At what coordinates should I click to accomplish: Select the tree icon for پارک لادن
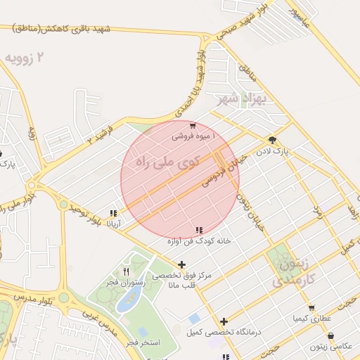pos(273,141)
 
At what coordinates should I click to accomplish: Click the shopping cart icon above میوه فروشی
pos(192,127)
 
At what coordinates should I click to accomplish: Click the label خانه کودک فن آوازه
pos(198,240)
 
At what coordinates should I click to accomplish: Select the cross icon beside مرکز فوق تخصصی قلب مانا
pos(181,265)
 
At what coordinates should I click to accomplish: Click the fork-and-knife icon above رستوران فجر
pos(126,271)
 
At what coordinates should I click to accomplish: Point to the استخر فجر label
pos(143,342)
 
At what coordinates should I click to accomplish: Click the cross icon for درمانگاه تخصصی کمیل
pos(224,321)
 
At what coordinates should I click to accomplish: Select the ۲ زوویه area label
pos(28,57)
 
